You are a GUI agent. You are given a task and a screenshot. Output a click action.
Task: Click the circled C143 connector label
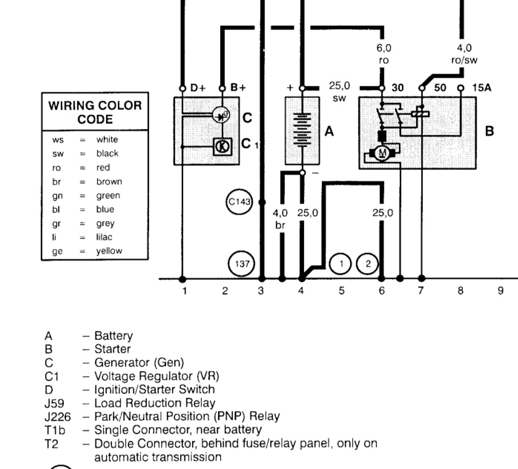[x=239, y=203]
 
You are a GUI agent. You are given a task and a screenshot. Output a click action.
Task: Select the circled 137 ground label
[x=239, y=263]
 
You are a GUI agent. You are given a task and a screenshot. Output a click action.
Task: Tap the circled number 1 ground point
[x=341, y=263]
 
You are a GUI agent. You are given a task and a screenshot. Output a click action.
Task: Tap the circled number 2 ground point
[x=368, y=263]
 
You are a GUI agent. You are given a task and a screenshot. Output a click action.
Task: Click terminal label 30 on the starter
[x=398, y=88]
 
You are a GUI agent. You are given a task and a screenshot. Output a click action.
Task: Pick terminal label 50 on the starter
[x=439, y=88]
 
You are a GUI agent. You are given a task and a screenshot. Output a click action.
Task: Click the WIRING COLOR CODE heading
[x=95, y=113]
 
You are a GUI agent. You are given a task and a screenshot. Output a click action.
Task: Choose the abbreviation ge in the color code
[x=57, y=251]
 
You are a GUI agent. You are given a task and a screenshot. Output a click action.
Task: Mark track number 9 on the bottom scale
[x=500, y=291]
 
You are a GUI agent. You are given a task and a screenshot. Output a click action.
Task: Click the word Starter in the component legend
[x=112, y=348]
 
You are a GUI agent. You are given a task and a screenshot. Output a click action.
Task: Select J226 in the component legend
[x=56, y=416]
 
